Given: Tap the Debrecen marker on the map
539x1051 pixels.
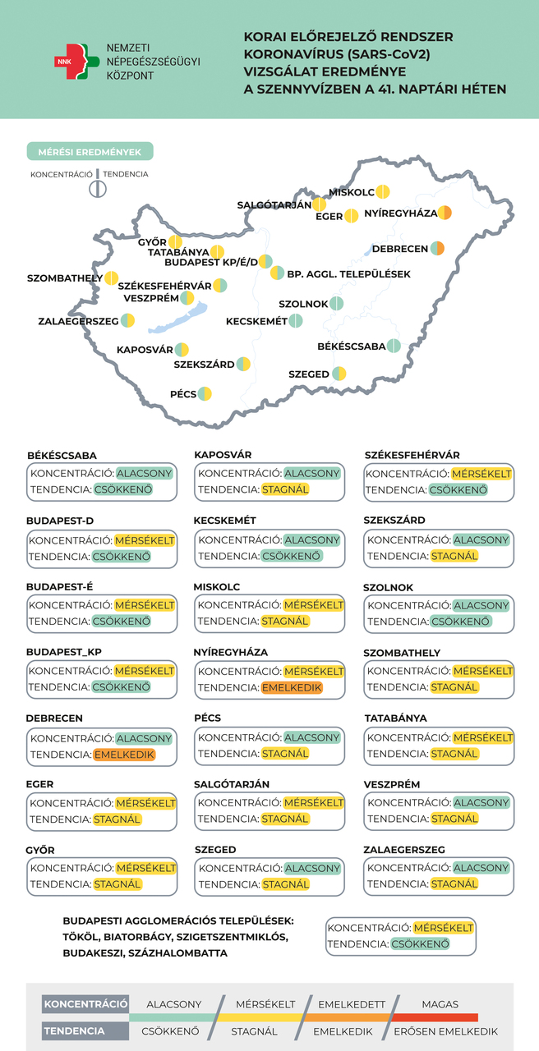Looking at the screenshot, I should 438,249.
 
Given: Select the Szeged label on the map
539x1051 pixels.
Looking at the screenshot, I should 309,374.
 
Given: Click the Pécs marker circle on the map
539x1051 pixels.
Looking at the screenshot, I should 205,394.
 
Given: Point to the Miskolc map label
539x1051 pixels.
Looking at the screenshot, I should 352,193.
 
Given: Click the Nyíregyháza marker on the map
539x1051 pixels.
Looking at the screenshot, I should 445,213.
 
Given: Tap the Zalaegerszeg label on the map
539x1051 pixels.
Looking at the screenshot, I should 78,321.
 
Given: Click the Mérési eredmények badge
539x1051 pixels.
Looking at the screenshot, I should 90,152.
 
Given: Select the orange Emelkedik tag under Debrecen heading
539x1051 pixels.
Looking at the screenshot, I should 124,754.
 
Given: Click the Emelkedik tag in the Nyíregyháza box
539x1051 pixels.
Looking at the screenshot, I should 293,687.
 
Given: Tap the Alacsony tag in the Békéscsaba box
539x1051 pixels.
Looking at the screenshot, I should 145,474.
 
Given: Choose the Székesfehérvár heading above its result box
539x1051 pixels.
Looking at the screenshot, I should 412,455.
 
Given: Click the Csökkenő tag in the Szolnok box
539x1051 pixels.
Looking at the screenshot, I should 461,622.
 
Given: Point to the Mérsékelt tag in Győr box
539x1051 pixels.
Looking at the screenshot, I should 145,868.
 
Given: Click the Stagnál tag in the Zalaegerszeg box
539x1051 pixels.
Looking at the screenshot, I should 454,884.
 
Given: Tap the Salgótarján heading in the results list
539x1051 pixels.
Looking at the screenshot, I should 232,784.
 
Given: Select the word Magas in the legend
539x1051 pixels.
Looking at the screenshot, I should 440,1004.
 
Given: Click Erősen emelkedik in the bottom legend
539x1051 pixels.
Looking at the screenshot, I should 445,1031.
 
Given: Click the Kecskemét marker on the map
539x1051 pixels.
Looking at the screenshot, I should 296,321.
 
